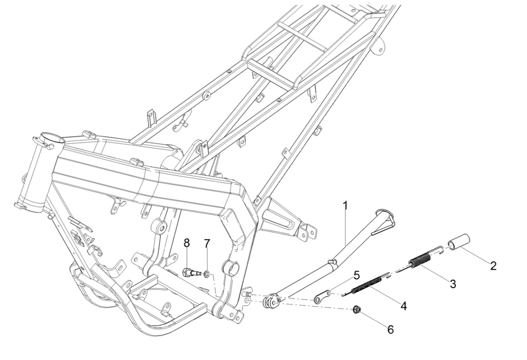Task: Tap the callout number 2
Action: (493, 265)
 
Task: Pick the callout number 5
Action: (356, 276)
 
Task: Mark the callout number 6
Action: (391, 330)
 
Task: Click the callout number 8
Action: (187, 243)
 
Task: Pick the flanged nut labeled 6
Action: (356, 310)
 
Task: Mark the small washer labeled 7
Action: (206, 274)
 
